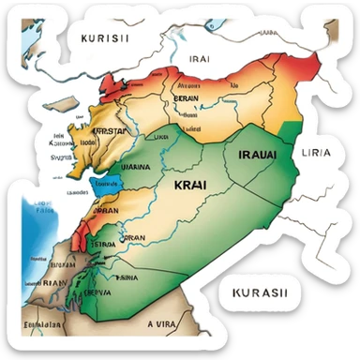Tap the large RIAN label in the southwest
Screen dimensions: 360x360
click(53, 281)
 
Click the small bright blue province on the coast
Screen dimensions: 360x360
click(104, 184)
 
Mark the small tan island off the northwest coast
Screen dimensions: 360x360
click(63, 103)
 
